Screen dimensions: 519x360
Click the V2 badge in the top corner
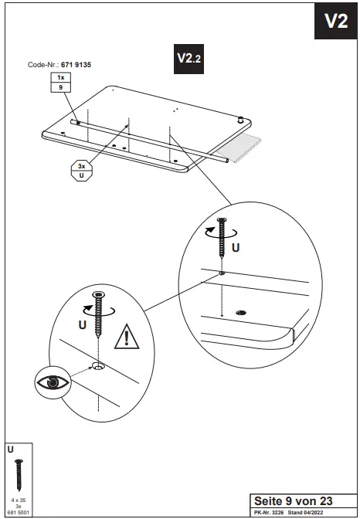pos(335,21)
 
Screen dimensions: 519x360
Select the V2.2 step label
pos(189,59)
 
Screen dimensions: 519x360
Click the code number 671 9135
pos(88,66)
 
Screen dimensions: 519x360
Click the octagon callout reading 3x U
pos(82,170)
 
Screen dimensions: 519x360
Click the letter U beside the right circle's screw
pos(236,248)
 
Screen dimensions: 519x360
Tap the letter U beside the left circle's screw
pos(81,325)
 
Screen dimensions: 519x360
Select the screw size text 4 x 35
pos(17,500)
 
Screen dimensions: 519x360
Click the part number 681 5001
pos(17,511)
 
